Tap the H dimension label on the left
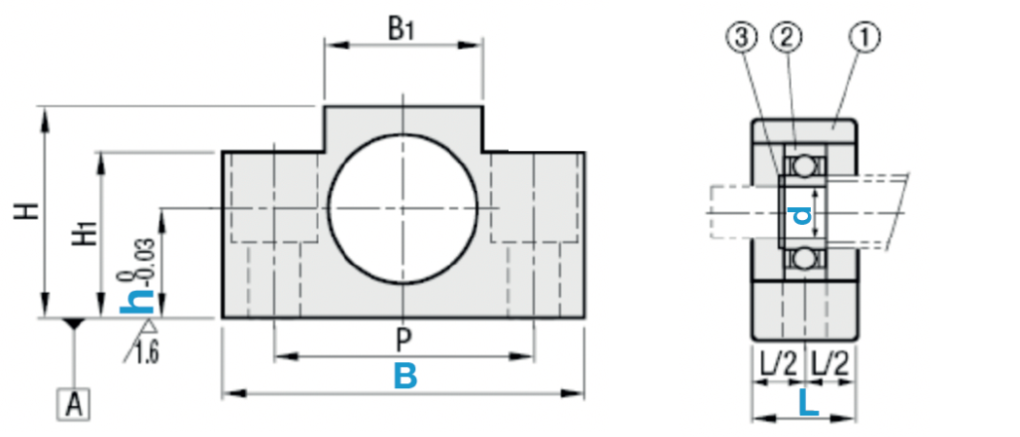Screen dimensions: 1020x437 click(x=27, y=211)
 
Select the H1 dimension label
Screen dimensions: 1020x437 click(x=87, y=233)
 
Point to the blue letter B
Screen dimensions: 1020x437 click(x=405, y=376)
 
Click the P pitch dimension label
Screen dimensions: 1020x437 click(x=404, y=339)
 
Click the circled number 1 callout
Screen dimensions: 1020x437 click(x=865, y=39)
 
